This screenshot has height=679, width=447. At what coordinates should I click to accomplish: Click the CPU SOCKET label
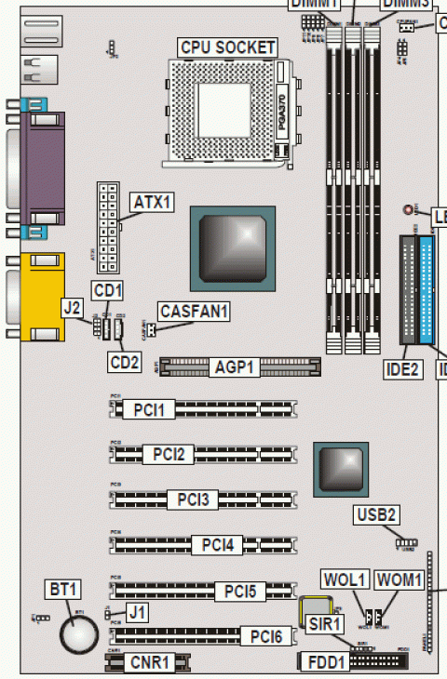tap(227, 47)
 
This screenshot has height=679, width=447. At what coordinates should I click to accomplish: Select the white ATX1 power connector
tap(106, 220)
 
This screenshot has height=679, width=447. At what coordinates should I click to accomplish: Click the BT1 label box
tap(64, 590)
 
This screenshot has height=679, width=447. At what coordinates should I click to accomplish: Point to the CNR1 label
tap(150, 663)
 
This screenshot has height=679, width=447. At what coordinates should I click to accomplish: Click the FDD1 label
tap(330, 663)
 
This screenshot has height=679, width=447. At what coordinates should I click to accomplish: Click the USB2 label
tap(377, 514)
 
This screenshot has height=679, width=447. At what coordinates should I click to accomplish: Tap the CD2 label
tap(124, 360)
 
